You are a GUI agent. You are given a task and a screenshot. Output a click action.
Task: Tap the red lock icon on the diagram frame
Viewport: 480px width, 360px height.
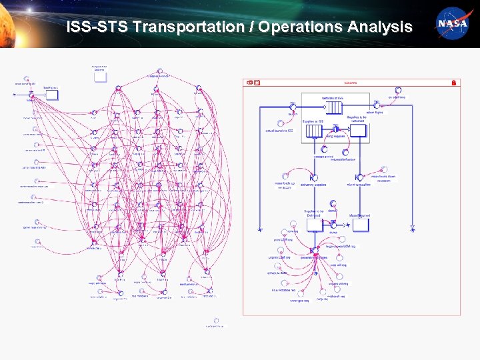[x=454, y=83]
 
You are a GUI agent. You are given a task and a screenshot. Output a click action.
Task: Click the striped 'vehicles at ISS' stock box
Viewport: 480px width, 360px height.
[x=331, y=107]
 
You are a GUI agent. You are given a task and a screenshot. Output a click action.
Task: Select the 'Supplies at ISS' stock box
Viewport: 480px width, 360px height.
[x=313, y=131]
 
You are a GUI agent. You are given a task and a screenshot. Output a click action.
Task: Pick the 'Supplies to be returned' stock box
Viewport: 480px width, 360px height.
[x=358, y=131]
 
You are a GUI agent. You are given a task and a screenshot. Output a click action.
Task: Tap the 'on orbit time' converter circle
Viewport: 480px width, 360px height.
[x=398, y=91]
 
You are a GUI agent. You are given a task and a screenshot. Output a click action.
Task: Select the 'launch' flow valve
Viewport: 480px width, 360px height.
[x=292, y=107]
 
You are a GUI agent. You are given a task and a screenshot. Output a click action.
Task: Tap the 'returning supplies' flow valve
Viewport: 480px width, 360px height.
[x=358, y=177]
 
